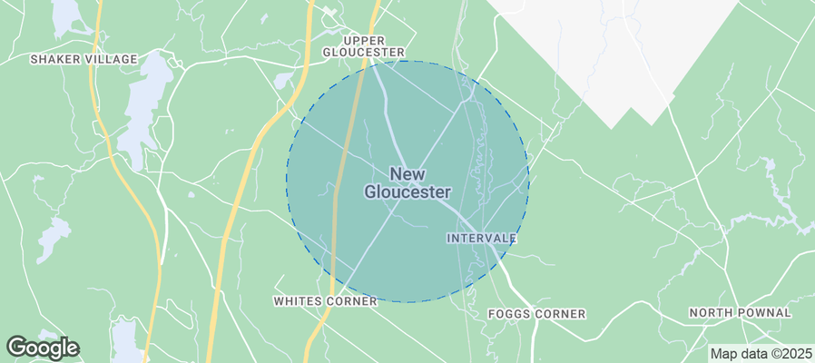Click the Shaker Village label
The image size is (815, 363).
pos(83,59)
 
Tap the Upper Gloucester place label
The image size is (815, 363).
pos(363,46)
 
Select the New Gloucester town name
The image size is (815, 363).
pos(407,182)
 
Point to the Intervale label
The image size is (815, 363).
pos(481,238)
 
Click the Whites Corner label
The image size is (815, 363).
pos(325,300)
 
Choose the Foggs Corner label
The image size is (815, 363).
pos(536,314)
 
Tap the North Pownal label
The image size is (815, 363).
pos(740,312)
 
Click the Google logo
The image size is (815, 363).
pos(42,348)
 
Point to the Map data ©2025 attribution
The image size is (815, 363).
pos(761,353)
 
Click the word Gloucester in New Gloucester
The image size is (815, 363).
pos(407,192)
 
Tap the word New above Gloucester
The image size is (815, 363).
pos(407,173)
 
